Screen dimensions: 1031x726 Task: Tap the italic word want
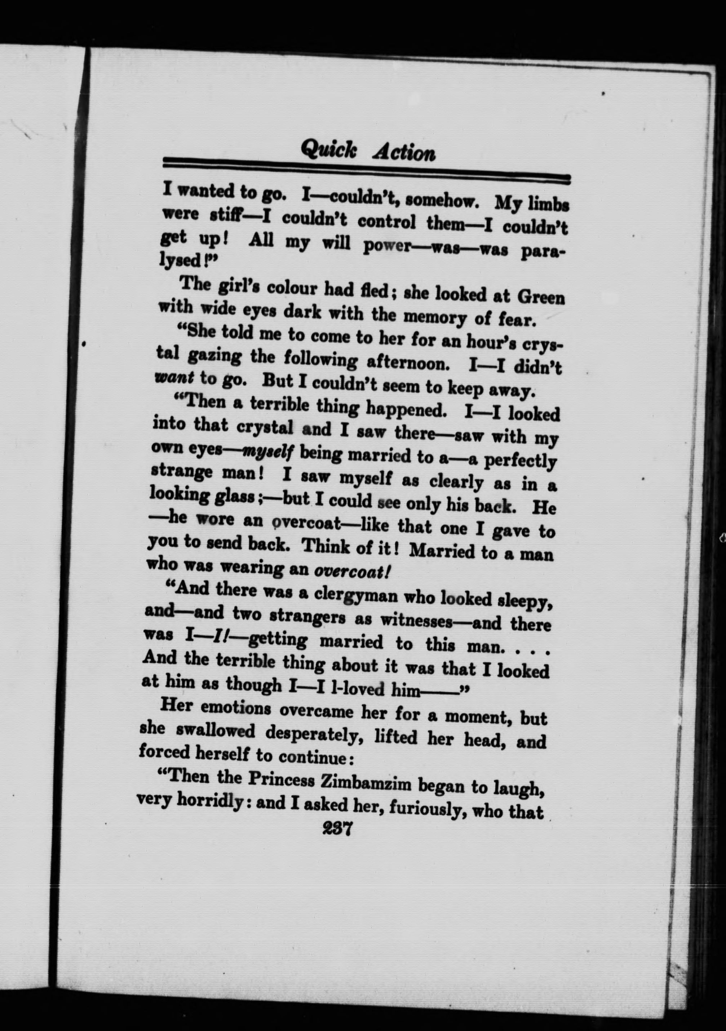pyautogui.click(x=174, y=378)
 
